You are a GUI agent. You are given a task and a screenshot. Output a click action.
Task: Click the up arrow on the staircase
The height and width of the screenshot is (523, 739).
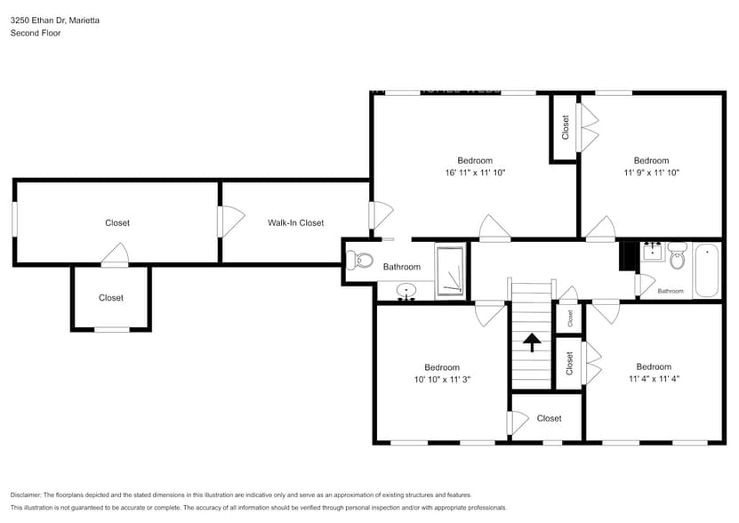coord(532,342)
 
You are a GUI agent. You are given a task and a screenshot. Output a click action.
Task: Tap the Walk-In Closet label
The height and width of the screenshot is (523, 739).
coord(295,223)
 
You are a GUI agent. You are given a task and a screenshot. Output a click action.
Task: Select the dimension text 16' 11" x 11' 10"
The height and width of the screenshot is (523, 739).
coord(475,173)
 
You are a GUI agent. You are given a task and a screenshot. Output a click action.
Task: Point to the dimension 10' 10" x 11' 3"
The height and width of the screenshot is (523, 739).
coord(441,379)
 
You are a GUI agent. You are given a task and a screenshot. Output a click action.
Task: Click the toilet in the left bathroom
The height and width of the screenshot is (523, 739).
coord(361,261)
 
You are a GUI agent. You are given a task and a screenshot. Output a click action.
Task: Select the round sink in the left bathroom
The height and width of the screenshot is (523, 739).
coord(406,290)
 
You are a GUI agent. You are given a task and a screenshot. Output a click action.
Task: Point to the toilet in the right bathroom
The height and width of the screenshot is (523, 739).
coord(678,258)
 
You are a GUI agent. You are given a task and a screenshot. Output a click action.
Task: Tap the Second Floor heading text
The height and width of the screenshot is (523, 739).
coord(35,33)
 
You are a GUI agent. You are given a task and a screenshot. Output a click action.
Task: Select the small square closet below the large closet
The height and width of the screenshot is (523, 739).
coord(111,298)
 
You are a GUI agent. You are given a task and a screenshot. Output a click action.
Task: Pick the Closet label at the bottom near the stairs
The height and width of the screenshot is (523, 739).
coord(549,418)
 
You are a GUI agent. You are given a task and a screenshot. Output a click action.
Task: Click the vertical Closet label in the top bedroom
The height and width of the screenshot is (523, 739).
coord(565,127)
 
